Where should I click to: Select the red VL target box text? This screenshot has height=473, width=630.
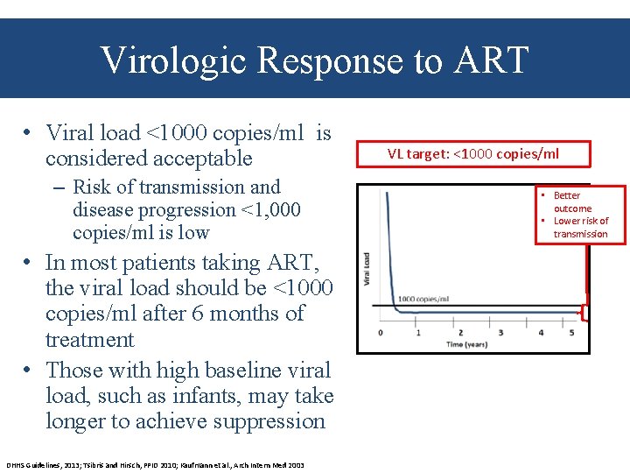tap(472, 154)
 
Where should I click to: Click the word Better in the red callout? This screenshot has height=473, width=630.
tap(566, 195)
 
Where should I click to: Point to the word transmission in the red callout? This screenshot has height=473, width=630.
tap(580, 234)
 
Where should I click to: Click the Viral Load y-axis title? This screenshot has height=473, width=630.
tap(367, 268)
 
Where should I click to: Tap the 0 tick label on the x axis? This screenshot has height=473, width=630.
tap(380, 333)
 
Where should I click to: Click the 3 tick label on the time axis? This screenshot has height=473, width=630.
tap(500, 333)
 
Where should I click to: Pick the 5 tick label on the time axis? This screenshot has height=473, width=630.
tap(572, 333)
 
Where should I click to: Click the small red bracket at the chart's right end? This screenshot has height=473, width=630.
tap(584, 312)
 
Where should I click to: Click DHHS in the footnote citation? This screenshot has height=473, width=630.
tap(17, 465)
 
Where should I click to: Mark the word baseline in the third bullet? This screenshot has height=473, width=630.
tap(211, 371)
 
